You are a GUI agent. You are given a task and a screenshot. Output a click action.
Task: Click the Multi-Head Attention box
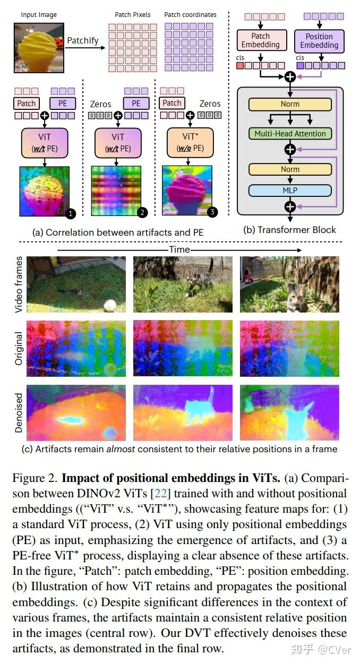pyautogui.click(x=290, y=134)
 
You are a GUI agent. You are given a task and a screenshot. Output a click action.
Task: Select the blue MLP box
pyautogui.click(x=290, y=190)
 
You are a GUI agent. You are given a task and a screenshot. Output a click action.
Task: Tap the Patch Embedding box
pyautogui.click(x=260, y=40)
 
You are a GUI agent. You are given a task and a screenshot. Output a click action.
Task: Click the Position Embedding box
pyautogui.click(x=319, y=40)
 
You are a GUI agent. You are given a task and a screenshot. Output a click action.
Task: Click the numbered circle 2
pyautogui.click(x=142, y=213)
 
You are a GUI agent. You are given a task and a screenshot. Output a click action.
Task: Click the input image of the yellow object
pyautogui.click(x=39, y=48)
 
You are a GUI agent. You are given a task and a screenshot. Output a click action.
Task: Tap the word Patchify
pyautogui.click(x=82, y=40)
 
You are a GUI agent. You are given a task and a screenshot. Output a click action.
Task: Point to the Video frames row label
pyautogui.click(x=19, y=284)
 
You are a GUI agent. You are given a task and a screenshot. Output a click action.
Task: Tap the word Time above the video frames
pyautogui.click(x=179, y=249)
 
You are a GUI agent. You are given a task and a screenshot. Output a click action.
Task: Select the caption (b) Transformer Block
pyautogui.click(x=290, y=230)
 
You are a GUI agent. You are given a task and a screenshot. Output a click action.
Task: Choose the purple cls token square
pyautogui.click(x=301, y=65)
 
